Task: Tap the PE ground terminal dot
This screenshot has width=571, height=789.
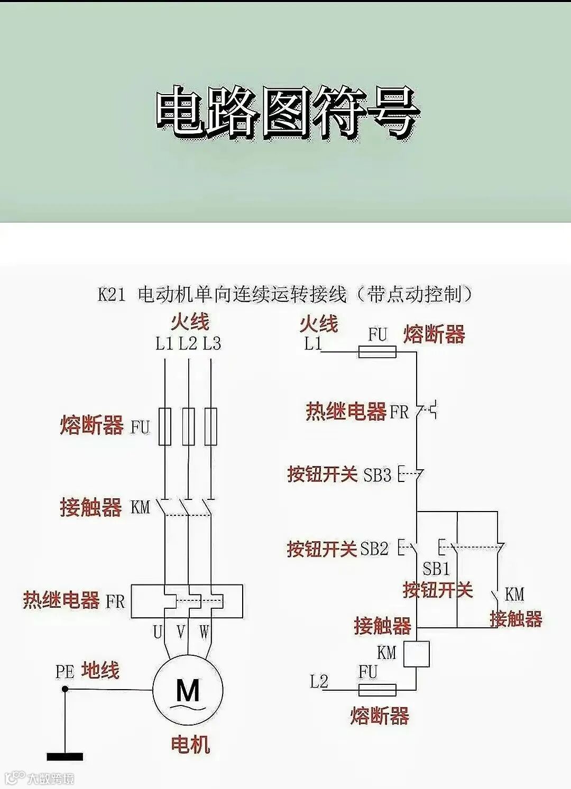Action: point(65,689)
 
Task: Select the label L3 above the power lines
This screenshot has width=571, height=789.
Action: point(211,344)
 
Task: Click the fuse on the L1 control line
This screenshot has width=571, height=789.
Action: point(377,351)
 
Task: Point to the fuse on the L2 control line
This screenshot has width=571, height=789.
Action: point(377,690)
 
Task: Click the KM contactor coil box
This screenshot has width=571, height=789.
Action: point(416,654)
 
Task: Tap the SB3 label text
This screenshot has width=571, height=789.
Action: point(377,475)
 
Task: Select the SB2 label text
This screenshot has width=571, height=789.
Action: point(374,549)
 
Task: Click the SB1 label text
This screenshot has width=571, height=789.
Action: point(436,569)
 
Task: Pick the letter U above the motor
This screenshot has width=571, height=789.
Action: point(158,632)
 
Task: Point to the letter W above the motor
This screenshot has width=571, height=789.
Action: point(204,632)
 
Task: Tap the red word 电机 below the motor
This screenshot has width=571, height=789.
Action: point(190,745)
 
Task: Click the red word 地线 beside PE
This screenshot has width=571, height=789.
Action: point(100,671)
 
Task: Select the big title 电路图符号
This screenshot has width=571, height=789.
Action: point(286,114)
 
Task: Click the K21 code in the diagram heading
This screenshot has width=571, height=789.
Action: point(112,294)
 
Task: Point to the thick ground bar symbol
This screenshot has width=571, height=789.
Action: point(65,757)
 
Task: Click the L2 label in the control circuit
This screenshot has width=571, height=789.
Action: point(319,682)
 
